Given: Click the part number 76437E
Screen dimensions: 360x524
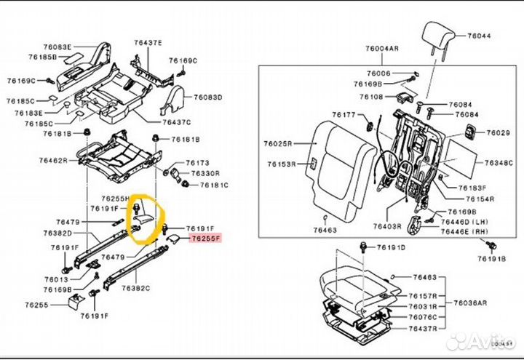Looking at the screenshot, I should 148,44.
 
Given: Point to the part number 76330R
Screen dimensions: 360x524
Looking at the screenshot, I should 205,174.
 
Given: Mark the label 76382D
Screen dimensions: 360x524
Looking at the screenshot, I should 56,233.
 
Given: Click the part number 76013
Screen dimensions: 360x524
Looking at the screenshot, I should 54,279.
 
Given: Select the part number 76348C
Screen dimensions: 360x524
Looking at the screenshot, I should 499,162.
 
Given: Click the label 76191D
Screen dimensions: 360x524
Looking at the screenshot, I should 392,248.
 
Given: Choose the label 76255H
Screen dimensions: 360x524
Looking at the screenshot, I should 116,198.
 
